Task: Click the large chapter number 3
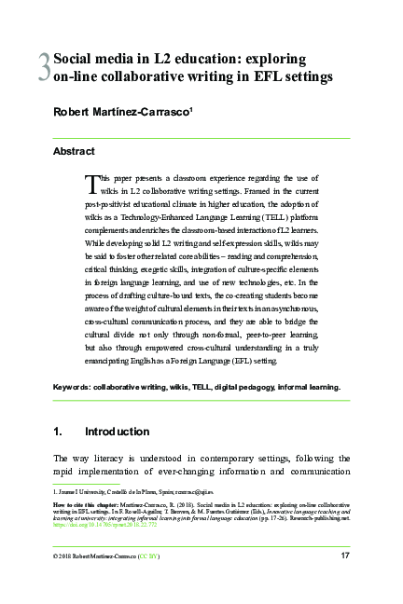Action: [43, 66]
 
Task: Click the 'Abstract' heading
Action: [73, 150]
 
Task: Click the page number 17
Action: [344, 556]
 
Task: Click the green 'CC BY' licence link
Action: [148, 556]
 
